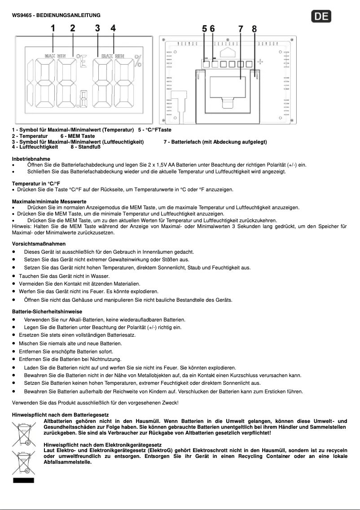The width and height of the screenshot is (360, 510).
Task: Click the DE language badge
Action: pos(321,17)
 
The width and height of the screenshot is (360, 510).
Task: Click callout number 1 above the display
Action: pos(53,28)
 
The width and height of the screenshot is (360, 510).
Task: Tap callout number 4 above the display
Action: pos(113,28)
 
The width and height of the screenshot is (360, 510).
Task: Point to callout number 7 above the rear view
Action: pos(241,29)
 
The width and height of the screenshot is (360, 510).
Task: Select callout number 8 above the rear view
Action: pos(254,29)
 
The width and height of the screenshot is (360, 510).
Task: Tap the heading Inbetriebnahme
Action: pos(31,159)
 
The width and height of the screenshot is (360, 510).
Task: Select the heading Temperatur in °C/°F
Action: pos(36,184)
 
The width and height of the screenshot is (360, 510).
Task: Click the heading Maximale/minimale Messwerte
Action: pos(49,202)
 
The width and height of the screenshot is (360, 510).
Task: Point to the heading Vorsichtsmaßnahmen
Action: pos(39,244)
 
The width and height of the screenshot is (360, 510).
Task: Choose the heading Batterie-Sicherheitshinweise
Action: pos(47,312)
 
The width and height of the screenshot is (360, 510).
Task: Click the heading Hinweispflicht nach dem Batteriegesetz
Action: pos(60,415)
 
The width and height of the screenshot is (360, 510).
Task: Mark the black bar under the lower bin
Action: pos(23,480)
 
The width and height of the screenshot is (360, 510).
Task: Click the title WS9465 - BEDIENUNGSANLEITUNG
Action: pos(56,15)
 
